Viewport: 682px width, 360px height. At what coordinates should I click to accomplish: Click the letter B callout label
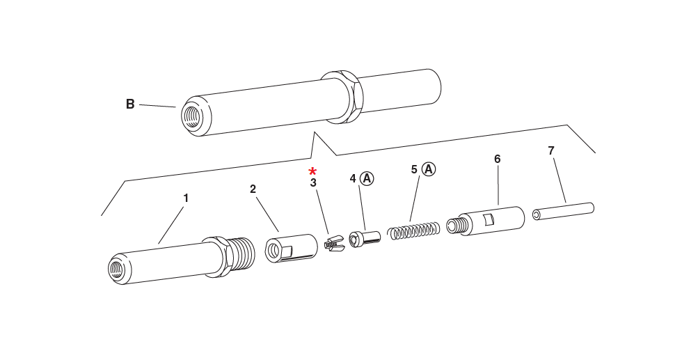130,104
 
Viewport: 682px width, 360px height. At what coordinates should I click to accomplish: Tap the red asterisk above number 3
312,171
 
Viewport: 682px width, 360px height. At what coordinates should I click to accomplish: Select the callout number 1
186,198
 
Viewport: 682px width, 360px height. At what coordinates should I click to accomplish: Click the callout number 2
253,189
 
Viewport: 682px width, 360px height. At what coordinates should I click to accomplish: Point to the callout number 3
313,183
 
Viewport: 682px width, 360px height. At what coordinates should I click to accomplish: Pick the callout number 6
497,159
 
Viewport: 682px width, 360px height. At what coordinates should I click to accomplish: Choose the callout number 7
551,150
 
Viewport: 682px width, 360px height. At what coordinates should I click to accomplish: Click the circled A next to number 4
367,178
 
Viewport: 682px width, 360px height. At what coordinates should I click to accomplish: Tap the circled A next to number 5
429,169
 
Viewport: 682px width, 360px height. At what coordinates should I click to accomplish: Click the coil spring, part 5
414,230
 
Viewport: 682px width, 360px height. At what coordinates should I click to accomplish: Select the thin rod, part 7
564,211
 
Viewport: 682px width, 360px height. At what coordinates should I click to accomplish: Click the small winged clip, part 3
334,243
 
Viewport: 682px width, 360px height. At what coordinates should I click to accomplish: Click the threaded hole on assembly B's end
191,115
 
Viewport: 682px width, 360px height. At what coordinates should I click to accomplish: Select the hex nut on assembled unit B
344,97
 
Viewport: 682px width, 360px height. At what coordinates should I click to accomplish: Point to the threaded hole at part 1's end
116,269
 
